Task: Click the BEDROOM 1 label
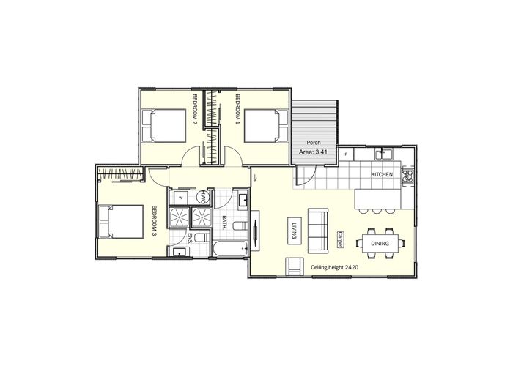[238, 110]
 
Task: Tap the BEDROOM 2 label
[195, 110]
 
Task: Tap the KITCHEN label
[382, 176]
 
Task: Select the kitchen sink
[383, 154]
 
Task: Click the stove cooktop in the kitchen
[407, 176]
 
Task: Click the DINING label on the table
[380, 244]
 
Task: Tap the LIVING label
[292, 231]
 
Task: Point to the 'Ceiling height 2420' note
[335, 269]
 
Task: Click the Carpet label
[341, 239]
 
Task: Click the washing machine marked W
[180, 198]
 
